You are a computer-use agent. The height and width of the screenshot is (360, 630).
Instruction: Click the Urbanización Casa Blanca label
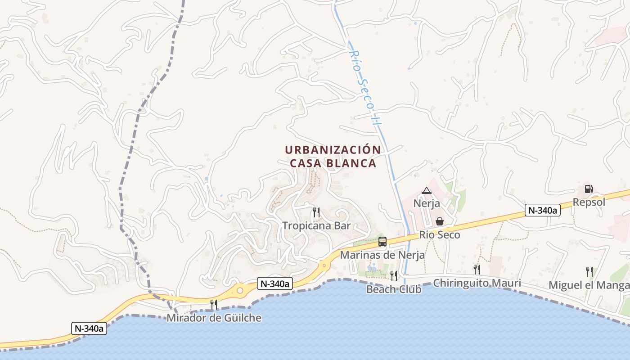click(333, 156)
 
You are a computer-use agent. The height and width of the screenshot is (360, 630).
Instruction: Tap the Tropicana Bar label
click(316, 225)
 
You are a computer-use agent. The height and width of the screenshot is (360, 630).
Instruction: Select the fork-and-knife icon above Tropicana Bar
click(316, 212)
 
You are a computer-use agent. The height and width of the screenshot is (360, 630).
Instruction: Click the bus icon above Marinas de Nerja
click(382, 242)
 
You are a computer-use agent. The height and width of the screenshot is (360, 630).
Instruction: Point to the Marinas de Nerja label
click(382, 255)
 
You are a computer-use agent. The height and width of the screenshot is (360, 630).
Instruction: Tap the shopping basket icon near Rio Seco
click(440, 221)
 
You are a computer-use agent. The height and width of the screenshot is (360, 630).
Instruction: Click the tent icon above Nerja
click(427, 191)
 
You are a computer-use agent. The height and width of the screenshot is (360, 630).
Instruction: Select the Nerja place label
click(427, 203)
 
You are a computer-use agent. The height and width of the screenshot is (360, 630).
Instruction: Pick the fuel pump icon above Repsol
click(589, 189)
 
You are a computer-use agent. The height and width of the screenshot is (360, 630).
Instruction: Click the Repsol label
click(589, 202)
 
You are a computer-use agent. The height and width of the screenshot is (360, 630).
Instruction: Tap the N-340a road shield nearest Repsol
click(542, 210)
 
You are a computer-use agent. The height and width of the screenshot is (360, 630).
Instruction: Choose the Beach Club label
click(394, 289)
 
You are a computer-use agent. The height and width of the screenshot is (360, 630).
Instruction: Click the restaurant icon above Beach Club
click(394, 275)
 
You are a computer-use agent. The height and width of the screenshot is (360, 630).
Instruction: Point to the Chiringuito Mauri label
click(477, 283)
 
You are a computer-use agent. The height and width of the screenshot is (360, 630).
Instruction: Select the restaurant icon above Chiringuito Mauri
click(477, 269)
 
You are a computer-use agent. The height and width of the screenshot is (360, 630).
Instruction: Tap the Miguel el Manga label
click(589, 285)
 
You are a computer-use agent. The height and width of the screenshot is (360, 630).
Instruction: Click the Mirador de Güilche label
click(214, 318)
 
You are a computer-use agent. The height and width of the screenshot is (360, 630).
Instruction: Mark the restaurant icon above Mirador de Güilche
click(214, 305)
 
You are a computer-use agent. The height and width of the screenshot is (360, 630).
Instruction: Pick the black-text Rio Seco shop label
click(440, 234)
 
